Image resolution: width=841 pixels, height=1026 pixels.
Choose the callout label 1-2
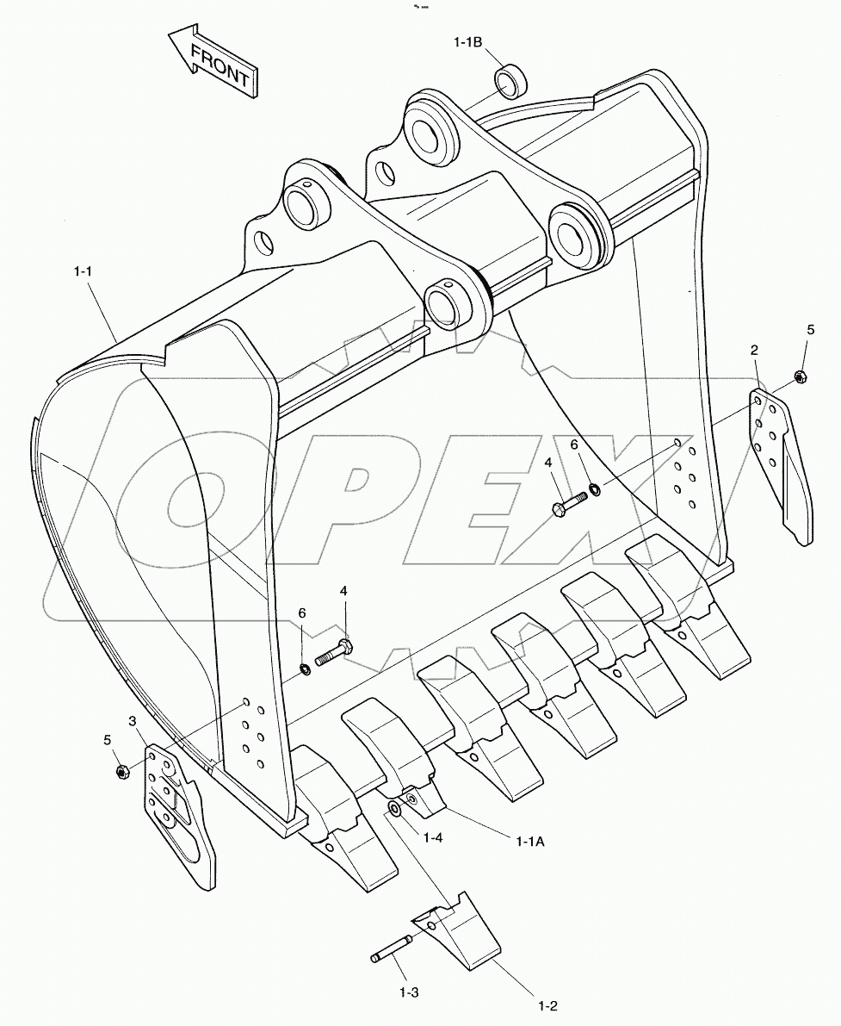548,1005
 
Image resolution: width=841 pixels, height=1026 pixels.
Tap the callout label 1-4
433,836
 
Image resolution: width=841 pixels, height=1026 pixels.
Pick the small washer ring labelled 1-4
394,808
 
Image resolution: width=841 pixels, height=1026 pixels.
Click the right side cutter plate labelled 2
782,465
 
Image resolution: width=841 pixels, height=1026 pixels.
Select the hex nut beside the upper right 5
799,376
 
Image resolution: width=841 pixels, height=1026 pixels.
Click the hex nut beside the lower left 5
121,770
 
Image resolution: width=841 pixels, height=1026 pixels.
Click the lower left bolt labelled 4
333,652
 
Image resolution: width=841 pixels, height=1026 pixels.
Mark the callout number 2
754,350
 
